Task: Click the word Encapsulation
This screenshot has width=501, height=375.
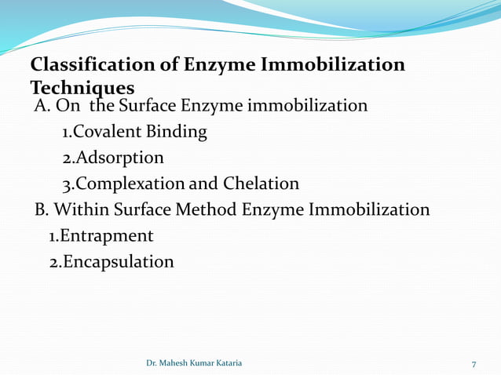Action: coord(118,261)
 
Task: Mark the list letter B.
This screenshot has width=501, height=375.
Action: coord(42,209)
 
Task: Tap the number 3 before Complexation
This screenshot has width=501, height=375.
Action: coord(67,184)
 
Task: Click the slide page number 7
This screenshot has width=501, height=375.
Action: coord(474,364)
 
